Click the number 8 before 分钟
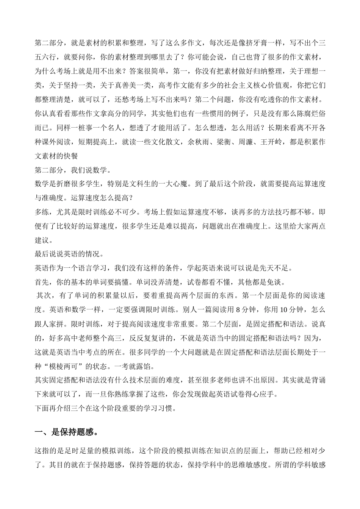pos(238,309)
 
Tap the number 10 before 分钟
pos(283,309)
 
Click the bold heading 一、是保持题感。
pos(67,432)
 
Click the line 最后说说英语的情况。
pos(71,254)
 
